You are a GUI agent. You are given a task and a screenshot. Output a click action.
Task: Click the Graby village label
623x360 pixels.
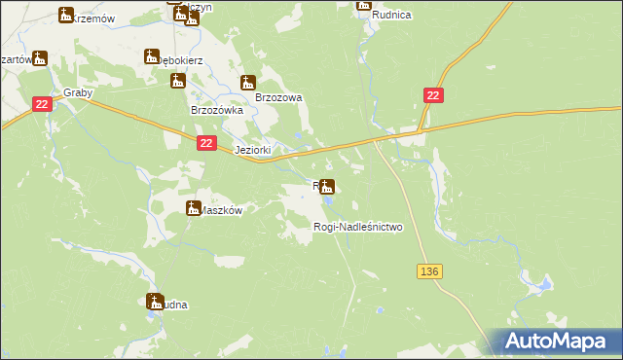[78, 93]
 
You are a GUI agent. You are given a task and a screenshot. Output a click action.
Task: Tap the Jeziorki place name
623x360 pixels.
[255, 151]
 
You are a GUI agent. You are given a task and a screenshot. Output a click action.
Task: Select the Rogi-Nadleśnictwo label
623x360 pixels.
[357, 227]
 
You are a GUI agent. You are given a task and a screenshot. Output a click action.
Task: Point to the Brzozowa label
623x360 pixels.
[279, 97]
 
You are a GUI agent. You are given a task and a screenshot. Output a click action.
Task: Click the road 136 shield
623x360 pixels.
[432, 271]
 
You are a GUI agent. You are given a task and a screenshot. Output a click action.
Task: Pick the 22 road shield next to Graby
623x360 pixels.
[41, 104]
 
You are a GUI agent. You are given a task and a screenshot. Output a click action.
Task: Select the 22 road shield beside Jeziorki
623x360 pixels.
[205, 143]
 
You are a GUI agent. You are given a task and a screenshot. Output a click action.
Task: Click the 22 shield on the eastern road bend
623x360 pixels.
[434, 93]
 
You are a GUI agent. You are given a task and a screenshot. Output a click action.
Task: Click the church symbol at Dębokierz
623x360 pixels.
[152, 56]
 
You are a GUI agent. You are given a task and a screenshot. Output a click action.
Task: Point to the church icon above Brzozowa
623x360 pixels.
[248, 83]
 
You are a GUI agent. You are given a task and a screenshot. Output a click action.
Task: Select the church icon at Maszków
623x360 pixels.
[193, 206]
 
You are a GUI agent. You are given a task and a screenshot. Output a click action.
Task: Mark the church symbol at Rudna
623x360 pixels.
[153, 301]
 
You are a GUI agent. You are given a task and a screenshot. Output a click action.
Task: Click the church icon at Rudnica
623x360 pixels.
[364, 4]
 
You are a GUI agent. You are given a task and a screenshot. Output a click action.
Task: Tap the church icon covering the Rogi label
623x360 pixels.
[328, 186]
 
